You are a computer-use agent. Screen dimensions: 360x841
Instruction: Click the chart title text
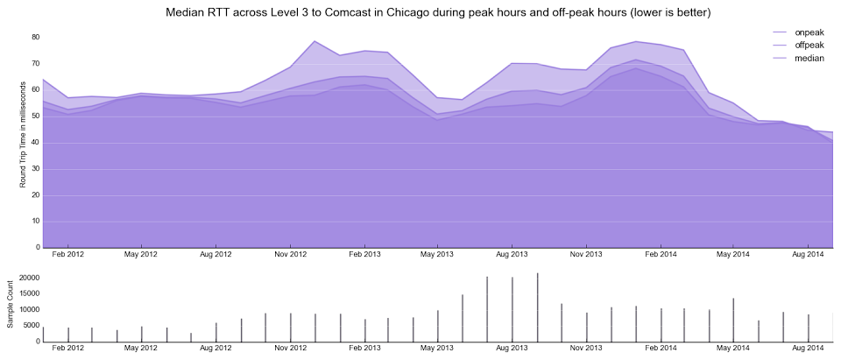point(437,13)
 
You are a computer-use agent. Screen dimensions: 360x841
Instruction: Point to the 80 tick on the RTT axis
point(35,38)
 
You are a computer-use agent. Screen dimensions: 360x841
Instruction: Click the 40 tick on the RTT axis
point(35,143)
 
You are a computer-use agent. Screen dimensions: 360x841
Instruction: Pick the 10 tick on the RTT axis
point(35,222)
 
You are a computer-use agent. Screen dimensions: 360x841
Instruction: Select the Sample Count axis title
point(11,304)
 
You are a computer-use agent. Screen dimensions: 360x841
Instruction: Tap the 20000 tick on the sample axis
point(25,279)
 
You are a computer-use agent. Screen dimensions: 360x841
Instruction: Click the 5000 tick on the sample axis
point(28,326)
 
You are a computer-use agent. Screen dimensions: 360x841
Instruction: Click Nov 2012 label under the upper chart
point(291,255)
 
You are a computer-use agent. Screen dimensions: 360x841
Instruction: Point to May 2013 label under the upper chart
point(438,255)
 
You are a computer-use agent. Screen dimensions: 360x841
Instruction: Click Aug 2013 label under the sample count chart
point(512,349)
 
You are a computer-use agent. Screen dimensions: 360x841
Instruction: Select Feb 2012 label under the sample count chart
point(68,349)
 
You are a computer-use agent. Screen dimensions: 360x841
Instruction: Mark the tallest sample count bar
point(537,307)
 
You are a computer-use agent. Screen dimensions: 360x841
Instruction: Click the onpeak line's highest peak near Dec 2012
point(314,41)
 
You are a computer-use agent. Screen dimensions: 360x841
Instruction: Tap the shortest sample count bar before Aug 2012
point(191,337)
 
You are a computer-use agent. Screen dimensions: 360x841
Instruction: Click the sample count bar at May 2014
point(734,320)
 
